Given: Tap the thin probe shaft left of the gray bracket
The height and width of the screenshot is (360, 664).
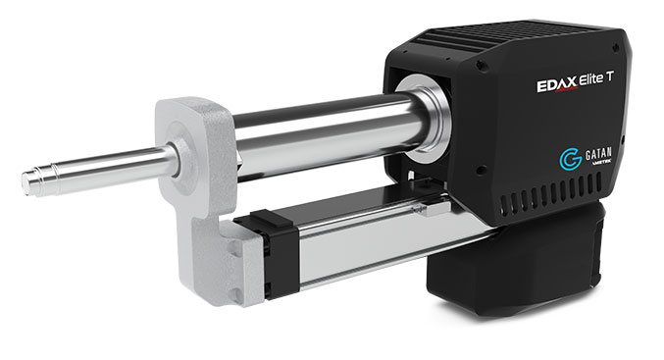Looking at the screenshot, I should [108, 164].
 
